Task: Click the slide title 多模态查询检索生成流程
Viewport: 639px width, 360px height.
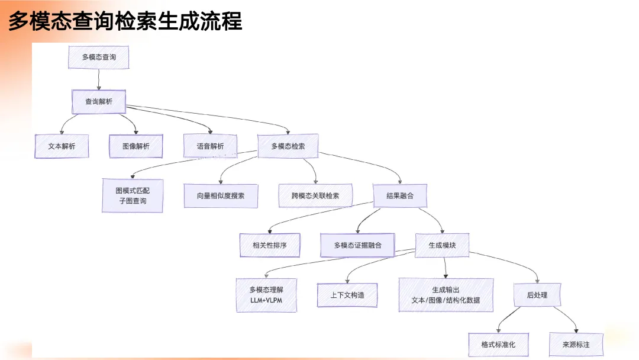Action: (x=125, y=21)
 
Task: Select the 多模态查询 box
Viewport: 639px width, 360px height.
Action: (x=99, y=57)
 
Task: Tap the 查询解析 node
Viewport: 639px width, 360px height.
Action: (x=99, y=101)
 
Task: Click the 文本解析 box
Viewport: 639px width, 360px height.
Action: (x=62, y=146)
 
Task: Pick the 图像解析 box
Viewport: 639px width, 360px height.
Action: (x=135, y=146)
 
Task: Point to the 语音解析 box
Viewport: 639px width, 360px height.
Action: (x=210, y=146)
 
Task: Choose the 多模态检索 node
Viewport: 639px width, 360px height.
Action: (x=288, y=146)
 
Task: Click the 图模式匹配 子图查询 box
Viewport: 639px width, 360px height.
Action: (x=133, y=196)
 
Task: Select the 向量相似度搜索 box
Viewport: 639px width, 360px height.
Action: (x=221, y=196)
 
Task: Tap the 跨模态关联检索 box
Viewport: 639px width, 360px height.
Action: (x=315, y=196)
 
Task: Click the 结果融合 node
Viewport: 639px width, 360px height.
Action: (x=400, y=196)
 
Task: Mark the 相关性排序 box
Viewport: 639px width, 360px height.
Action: (x=270, y=245)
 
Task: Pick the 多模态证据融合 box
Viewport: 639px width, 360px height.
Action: (x=357, y=245)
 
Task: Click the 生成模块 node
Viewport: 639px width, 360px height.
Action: (x=442, y=245)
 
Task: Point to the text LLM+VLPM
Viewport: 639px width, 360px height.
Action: (x=266, y=300)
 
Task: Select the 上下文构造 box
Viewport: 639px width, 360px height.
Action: (x=347, y=295)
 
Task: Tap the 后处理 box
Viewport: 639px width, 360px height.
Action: (x=537, y=295)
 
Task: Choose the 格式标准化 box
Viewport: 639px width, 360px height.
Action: (x=498, y=345)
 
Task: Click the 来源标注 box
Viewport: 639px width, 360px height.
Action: (x=576, y=345)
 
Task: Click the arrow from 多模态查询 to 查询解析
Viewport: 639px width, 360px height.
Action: (x=99, y=79)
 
